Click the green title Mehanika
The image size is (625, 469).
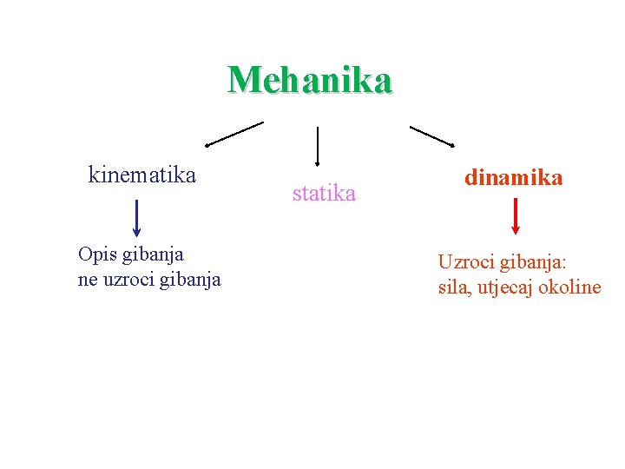pyautogui.click(x=310, y=80)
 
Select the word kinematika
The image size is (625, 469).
pyautogui.click(x=142, y=175)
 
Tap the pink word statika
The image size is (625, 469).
pyautogui.click(x=324, y=194)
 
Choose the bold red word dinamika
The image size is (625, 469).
pyautogui.click(x=513, y=178)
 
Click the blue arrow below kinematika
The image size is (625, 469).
pyautogui.click(x=137, y=217)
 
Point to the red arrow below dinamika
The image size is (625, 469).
pyautogui.click(x=516, y=216)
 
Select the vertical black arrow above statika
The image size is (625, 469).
pyautogui.click(x=318, y=145)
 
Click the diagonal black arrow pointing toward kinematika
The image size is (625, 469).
pyautogui.click(x=234, y=134)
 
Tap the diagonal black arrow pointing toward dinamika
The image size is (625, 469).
pyautogui.click(x=431, y=136)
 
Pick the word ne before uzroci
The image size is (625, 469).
pyautogui.click(x=87, y=280)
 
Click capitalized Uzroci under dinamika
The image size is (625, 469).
pyautogui.click(x=467, y=261)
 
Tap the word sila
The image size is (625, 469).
pyautogui.click(x=454, y=287)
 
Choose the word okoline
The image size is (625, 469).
pyautogui.click(x=569, y=287)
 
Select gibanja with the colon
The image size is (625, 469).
pyautogui.click(x=534, y=262)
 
